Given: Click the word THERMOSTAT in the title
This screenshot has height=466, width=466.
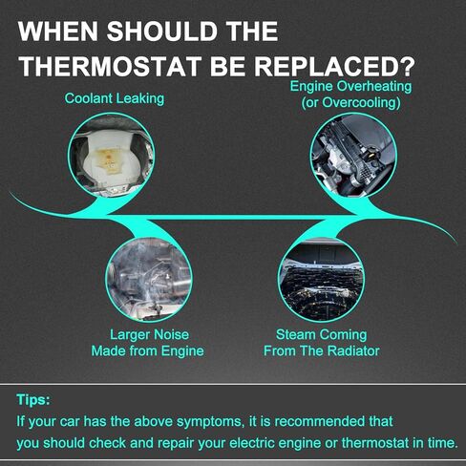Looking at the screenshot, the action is [x=110, y=67].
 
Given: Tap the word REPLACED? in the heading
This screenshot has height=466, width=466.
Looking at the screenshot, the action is [x=334, y=67].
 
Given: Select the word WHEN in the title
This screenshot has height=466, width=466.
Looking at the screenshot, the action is [x=58, y=32].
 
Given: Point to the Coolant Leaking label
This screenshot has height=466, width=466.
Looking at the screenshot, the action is [x=115, y=98].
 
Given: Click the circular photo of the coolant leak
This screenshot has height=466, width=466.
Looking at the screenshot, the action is [x=111, y=156].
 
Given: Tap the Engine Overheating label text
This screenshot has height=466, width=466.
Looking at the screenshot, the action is [x=350, y=86].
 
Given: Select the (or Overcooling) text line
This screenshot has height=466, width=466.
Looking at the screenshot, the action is [x=350, y=102].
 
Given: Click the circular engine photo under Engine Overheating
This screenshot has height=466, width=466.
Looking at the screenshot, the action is [x=353, y=156].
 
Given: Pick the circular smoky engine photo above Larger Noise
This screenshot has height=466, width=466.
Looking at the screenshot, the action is [x=149, y=280].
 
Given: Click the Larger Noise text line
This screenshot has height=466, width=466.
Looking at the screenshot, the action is [x=149, y=334].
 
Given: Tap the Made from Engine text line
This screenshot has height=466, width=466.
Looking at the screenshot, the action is [x=147, y=351].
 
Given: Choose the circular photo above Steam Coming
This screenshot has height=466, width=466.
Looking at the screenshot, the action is [x=321, y=280].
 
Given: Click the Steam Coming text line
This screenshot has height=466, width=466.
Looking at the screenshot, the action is [x=322, y=334].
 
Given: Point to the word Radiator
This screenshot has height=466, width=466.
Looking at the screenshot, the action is [x=353, y=350].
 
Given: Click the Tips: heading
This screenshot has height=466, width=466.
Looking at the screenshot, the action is [x=33, y=399].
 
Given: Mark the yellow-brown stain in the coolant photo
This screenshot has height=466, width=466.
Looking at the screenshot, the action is [x=108, y=160].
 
